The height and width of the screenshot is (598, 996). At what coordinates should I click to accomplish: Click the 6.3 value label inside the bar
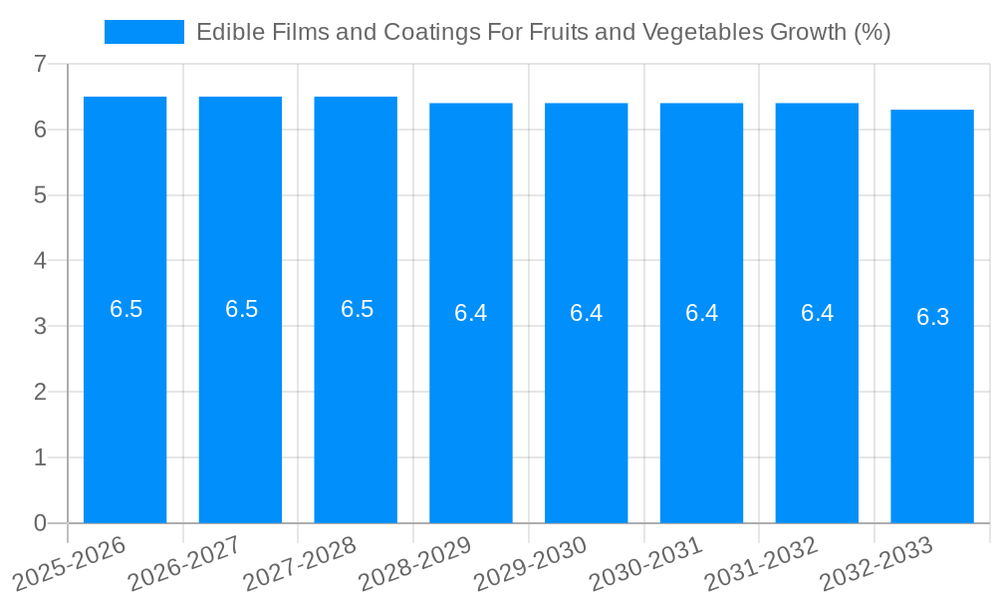pos(932,317)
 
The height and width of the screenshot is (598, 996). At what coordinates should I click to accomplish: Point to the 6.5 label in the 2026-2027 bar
pos(241,309)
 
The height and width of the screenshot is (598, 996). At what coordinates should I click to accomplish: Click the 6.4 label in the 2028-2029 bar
pos(470,313)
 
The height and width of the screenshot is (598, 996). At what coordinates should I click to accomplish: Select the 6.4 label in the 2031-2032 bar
pos(817,313)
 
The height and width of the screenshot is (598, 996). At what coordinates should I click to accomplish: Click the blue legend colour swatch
pos(144,32)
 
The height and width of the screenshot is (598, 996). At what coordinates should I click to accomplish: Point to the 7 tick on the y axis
pos(40,64)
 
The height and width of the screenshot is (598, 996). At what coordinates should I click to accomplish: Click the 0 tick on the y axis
pos(40,523)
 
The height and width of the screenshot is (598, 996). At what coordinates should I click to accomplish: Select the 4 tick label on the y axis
pos(40,261)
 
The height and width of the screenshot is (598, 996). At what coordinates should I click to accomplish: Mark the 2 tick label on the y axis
pos(40,392)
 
